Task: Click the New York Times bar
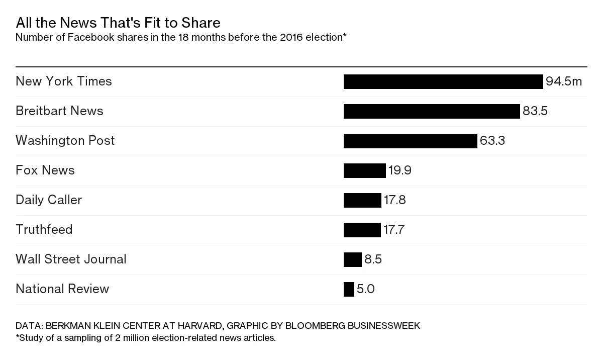pyautogui.click(x=443, y=81)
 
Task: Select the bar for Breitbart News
pyautogui.click(x=432, y=111)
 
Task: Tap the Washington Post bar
pyautogui.click(x=410, y=141)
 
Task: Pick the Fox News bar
pyautogui.click(x=364, y=170)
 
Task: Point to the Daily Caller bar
pyautogui.click(x=362, y=200)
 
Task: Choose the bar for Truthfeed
pyautogui.click(x=362, y=230)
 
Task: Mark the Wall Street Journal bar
pyautogui.click(x=352, y=259)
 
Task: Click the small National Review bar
pyautogui.click(x=349, y=289)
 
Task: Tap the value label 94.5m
pyautogui.click(x=564, y=81)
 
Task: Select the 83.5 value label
pyautogui.click(x=535, y=111)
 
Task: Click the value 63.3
pyautogui.click(x=492, y=141)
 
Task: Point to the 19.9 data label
pyautogui.click(x=399, y=170)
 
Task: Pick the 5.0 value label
pyautogui.click(x=365, y=289)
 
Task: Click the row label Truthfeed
pyautogui.click(x=44, y=230)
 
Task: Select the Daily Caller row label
pyautogui.click(x=49, y=200)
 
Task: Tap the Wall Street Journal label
pyautogui.click(x=71, y=259)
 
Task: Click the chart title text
pyautogui.click(x=118, y=23)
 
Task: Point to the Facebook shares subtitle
pyautogui.click(x=181, y=38)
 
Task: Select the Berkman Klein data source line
pyautogui.click(x=218, y=326)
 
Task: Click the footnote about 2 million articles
pyautogui.click(x=146, y=338)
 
